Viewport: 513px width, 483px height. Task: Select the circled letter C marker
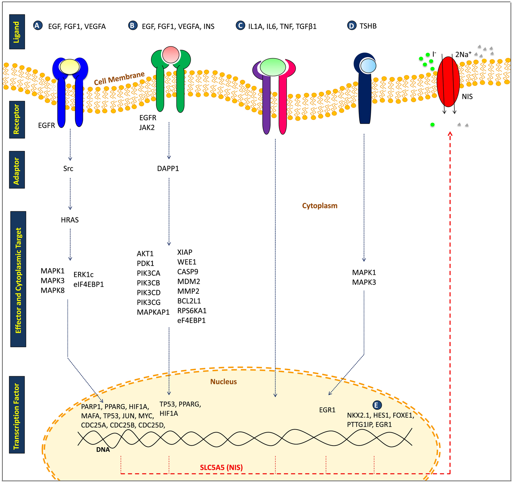(240, 26)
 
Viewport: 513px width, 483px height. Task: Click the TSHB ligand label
(368, 26)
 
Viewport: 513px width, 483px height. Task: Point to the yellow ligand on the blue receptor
(70, 66)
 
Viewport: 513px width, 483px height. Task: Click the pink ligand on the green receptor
(171, 55)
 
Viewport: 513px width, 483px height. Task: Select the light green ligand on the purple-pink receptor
(273, 67)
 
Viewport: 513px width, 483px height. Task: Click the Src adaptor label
(68, 169)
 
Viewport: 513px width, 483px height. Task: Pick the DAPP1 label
(168, 169)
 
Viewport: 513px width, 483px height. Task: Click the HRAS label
(70, 220)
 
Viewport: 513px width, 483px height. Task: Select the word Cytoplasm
(320, 206)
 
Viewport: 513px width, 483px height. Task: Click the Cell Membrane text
(119, 78)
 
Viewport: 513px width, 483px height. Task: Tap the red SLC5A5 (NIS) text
(221, 467)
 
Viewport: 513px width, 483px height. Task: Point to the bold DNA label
(103, 450)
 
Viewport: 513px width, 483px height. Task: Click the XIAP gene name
(185, 252)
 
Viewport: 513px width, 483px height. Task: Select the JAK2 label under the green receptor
(147, 127)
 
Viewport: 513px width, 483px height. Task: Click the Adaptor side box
(17, 170)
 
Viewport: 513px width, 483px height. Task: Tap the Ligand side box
(17, 32)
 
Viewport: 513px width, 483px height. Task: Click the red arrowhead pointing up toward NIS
(450, 134)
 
